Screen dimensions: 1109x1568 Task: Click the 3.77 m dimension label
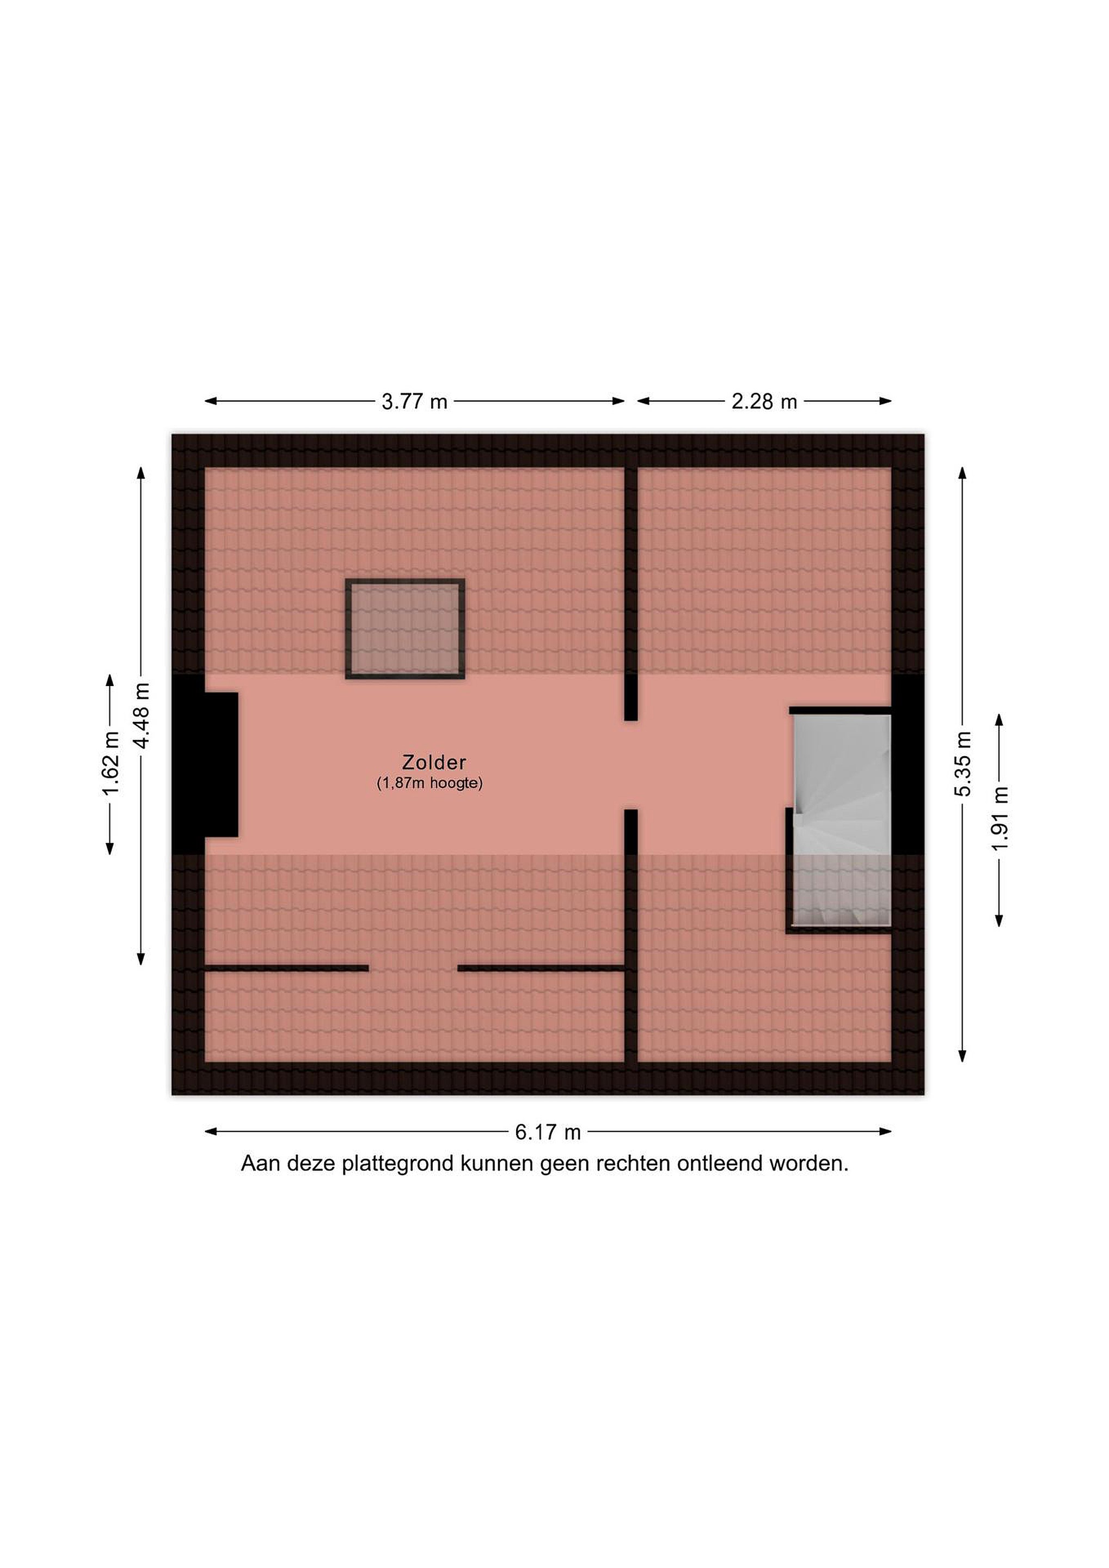tap(414, 402)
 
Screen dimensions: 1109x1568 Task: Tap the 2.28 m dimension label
tap(764, 402)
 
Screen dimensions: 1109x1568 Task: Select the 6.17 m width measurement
tap(548, 1132)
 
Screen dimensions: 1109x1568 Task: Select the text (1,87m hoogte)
tap(430, 783)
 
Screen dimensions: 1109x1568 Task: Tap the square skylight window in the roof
tap(405, 629)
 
